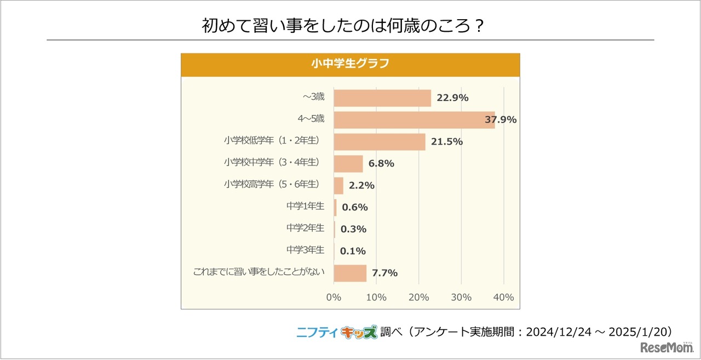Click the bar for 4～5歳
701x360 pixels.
(x=413, y=120)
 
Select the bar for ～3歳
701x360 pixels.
(x=382, y=98)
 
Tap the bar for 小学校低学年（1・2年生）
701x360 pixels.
(x=379, y=142)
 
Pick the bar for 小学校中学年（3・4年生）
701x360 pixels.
(x=348, y=164)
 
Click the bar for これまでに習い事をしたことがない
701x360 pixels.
(x=349, y=273)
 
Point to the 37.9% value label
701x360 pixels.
(x=501, y=120)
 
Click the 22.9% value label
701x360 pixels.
(x=452, y=98)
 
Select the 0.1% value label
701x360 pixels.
(x=353, y=251)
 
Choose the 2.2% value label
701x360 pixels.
(x=361, y=186)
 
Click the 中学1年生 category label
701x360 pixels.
(x=305, y=206)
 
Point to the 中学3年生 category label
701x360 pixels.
(x=305, y=249)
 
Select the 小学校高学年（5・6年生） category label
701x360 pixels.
(x=271, y=184)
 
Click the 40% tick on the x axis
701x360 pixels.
(x=503, y=298)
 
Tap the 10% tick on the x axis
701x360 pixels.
(x=376, y=298)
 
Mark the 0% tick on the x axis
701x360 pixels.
(x=334, y=298)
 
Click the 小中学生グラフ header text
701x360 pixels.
(x=350, y=64)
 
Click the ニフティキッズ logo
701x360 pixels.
(x=337, y=332)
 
